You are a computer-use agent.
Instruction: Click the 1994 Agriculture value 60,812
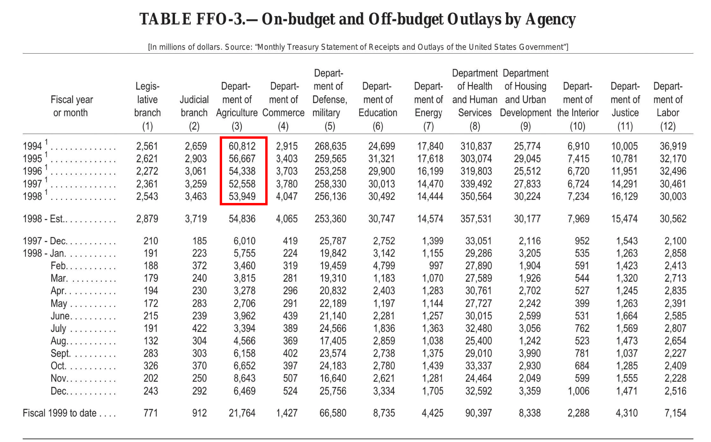coord(242,146)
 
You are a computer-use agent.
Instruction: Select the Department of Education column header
coord(377,100)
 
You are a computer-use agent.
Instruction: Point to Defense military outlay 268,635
coord(330,146)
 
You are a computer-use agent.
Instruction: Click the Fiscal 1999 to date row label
coord(60,413)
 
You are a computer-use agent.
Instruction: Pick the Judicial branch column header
coord(194,106)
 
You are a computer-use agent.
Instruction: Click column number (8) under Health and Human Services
coord(475,126)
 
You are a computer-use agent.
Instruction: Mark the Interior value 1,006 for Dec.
coord(578,391)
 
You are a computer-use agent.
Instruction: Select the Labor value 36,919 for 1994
coord(673,146)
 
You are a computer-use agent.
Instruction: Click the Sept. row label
coord(60,353)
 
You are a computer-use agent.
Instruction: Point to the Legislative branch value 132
coord(151,341)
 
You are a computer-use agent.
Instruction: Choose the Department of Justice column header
coord(625,100)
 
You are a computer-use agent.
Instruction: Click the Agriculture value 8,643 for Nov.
coord(244,379)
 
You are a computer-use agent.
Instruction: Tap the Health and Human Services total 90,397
coord(478,413)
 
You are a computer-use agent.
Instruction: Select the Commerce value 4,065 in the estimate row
coord(287,219)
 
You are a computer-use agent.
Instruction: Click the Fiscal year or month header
coord(71,106)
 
